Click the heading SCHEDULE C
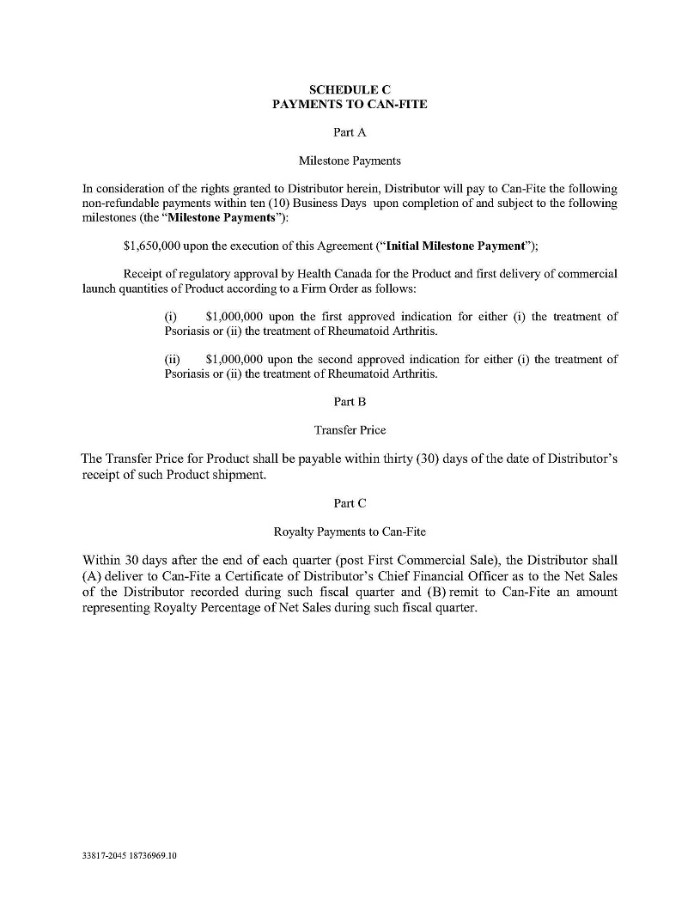350,89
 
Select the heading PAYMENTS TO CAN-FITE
350,104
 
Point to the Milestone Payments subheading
350,161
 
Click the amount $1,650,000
152,246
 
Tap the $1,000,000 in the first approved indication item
234,317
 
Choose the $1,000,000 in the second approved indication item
234,360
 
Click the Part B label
350,402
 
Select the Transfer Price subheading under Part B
350,430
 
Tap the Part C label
350,503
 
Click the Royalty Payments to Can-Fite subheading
350,531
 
